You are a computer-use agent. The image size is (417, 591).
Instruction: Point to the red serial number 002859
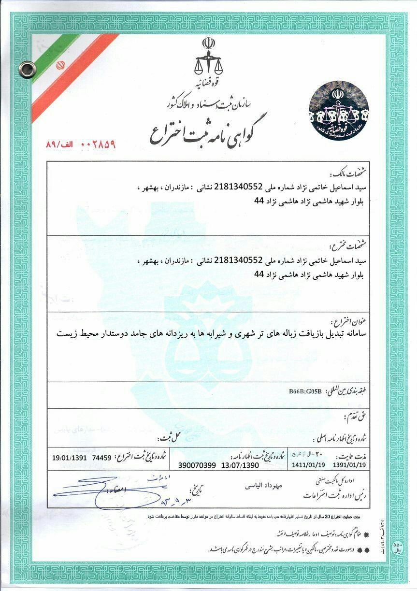coord(101,144)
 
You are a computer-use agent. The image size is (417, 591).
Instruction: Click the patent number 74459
coord(101,457)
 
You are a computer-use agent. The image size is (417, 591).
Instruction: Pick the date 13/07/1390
coord(240,465)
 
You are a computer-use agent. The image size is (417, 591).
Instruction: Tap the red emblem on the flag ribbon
coord(61,65)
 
